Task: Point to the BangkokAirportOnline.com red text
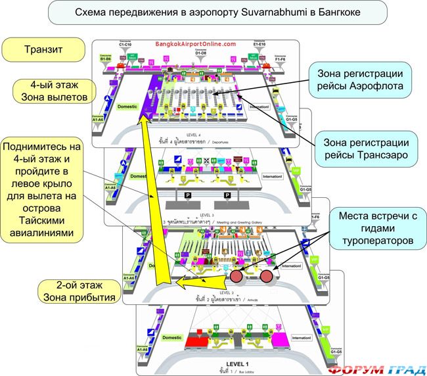click(x=195, y=43)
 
